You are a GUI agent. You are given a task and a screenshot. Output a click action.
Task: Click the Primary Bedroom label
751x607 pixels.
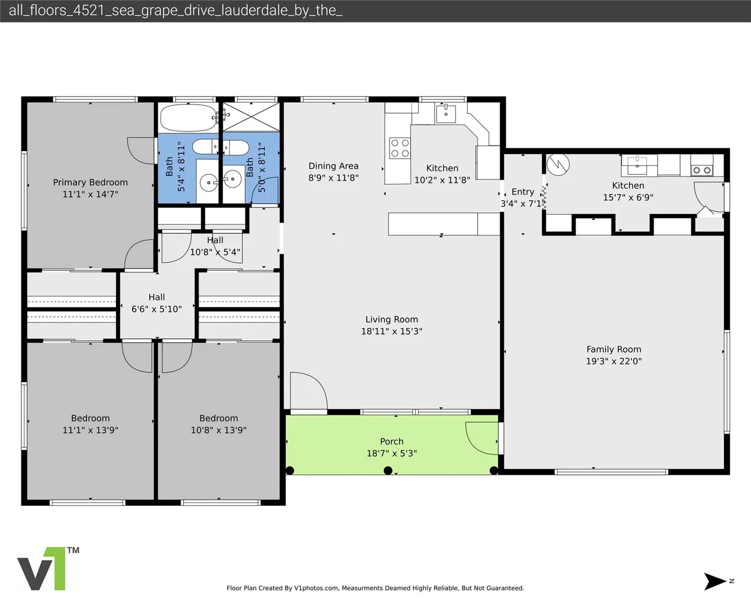point(91,182)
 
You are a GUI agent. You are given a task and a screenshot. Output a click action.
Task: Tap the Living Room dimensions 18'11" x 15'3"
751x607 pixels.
point(392,332)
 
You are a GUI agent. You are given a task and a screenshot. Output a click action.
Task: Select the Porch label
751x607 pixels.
point(392,441)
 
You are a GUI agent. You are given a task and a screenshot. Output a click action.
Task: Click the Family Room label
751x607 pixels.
point(614,350)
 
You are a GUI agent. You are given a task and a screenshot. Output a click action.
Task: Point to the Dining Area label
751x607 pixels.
point(333,166)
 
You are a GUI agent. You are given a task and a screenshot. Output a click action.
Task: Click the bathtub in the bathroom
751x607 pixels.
point(189,118)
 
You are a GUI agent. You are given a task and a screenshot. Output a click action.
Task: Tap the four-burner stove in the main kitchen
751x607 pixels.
point(400,148)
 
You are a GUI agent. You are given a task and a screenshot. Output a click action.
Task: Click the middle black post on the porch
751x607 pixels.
point(388,470)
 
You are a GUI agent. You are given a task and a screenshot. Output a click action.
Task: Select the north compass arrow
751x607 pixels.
point(714,581)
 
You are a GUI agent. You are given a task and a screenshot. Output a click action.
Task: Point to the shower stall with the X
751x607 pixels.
point(251,117)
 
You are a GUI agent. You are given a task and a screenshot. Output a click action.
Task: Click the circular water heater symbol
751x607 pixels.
point(558,164)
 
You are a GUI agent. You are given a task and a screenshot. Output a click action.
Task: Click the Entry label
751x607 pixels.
point(523,192)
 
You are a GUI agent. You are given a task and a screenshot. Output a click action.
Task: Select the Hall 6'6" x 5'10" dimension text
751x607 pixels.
point(156,309)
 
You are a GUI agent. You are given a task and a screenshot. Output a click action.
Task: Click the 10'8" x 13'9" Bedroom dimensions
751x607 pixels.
point(219,430)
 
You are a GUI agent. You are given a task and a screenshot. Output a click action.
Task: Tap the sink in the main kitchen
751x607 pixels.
point(446,114)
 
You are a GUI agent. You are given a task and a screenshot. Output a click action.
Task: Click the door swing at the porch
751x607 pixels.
point(482,438)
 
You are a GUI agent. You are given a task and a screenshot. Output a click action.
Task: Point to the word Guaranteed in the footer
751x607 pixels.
point(505,588)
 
